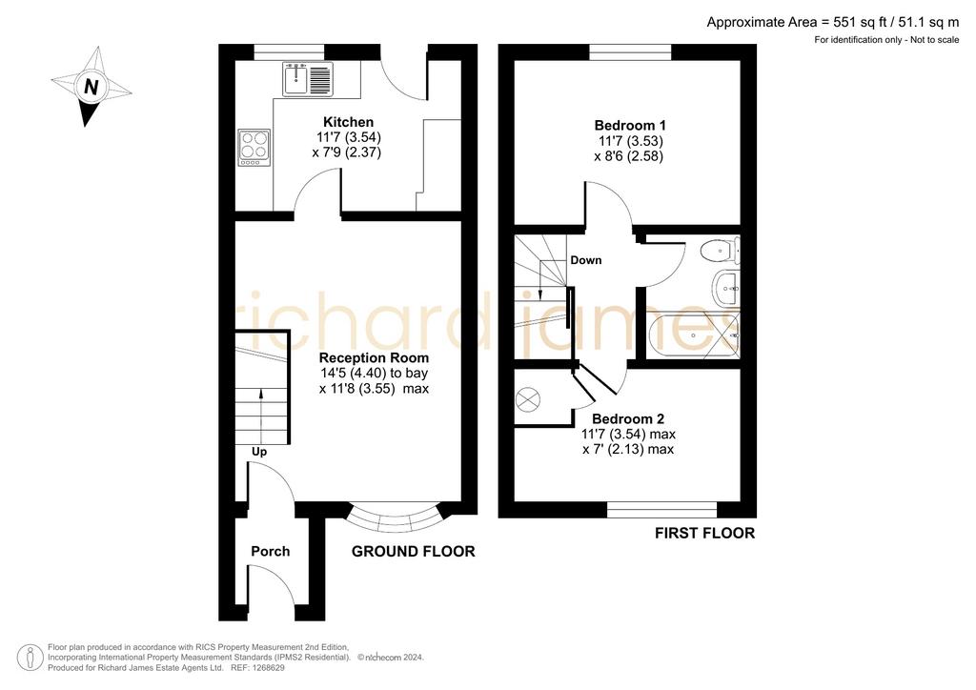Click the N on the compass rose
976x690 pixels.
[91, 87]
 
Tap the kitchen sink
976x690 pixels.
[308, 79]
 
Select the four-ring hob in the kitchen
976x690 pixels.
[254, 148]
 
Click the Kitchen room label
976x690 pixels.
[348, 122]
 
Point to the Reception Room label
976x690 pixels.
[374, 357]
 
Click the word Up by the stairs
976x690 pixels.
[259, 452]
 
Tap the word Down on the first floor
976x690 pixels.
[586, 260]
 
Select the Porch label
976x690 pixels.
[270, 551]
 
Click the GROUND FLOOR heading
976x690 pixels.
[414, 551]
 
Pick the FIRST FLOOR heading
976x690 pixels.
[704, 533]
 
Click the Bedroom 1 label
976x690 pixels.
[630, 125]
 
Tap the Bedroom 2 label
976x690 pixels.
[628, 418]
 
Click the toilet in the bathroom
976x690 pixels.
[720, 251]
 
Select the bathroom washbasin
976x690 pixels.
[725, 289]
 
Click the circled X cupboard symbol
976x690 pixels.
[528, 398]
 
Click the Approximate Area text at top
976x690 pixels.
[833, 23]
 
